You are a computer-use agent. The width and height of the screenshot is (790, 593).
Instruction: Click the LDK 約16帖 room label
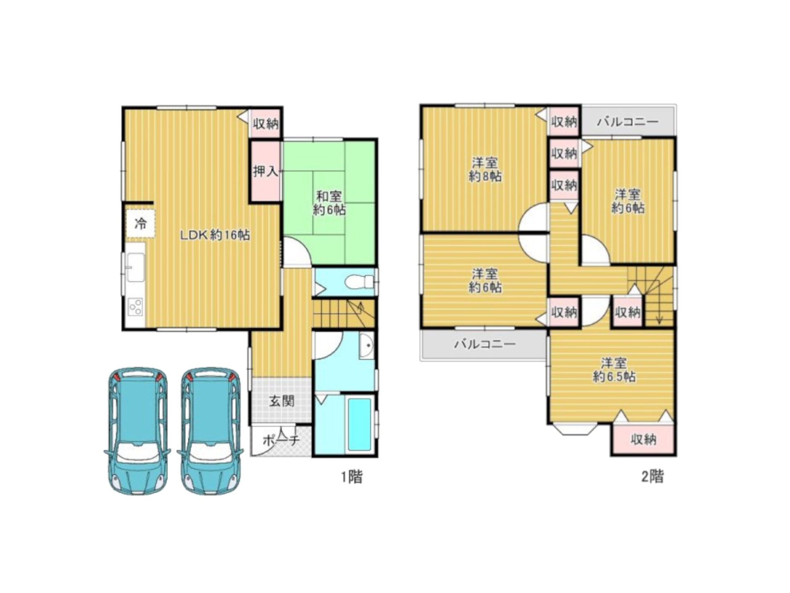[x=215, y=235]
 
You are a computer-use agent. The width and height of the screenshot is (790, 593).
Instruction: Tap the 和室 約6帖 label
[x=329, y=203]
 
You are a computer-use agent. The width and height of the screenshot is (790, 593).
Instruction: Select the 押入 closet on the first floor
[x=266, y=171]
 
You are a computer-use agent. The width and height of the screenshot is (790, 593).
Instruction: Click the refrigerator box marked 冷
[x=141, y=224]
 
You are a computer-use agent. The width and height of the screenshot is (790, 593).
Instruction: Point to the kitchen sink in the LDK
[x=135, y=266]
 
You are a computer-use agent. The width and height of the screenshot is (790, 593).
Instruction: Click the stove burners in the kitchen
[x=135, y=307]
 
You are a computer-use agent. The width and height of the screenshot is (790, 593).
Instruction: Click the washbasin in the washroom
[x=366, y=345]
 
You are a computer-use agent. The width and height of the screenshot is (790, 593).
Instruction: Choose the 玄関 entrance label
[x=282, y=401]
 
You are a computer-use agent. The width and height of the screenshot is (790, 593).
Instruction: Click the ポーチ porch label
[x=281, y=440]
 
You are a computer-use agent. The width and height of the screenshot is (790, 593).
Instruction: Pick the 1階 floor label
[x=352, y=477]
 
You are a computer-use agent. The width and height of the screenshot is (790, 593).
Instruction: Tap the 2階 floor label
[x=653, y=476]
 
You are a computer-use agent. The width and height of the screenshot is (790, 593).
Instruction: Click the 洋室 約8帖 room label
[x=485, y=169]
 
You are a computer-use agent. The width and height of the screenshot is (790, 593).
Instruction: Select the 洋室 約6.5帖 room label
[x=614, y=370]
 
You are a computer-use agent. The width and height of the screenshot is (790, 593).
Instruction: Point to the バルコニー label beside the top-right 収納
[x=627, y=121]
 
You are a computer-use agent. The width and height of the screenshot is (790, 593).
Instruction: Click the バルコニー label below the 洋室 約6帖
[x=485, y=344]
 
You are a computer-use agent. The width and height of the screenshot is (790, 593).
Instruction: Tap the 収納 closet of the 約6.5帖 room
[x=643, y=439]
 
